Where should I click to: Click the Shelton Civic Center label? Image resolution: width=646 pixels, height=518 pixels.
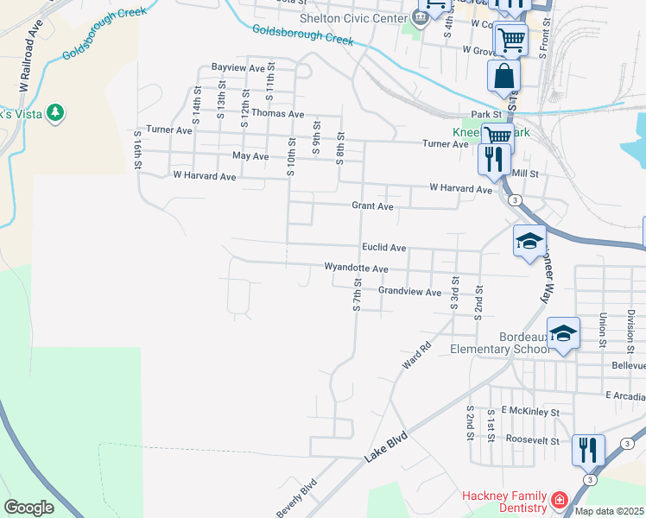click(x=354, y=19)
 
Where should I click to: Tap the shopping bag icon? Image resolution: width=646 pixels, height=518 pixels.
click(x=503, y=76)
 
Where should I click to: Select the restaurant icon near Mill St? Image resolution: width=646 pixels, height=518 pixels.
click(x=493, y=160)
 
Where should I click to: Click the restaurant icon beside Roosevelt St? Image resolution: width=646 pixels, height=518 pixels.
click(x=588, y=451)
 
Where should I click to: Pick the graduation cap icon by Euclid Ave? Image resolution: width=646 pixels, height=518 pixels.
click(x=529, y=241)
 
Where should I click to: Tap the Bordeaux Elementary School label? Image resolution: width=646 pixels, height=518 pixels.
click(x=500, y=343)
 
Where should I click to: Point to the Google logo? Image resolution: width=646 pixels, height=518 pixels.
click(x=28, y=508)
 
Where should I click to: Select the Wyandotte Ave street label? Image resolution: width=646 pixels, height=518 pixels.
click(x=356, y=268)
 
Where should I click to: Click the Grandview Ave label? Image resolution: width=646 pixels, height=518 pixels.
click(x=409, y=293)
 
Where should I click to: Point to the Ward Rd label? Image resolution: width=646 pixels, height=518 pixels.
click(x=416, y=357)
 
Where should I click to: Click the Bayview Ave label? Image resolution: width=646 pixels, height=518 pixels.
click(x=238, y=67)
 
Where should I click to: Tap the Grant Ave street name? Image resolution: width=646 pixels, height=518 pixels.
click(x=372, y=206)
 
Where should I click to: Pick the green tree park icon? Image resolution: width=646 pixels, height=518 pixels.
click(x=55, y=112)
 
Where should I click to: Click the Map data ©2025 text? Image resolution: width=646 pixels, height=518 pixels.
click(x=609, y=511)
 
